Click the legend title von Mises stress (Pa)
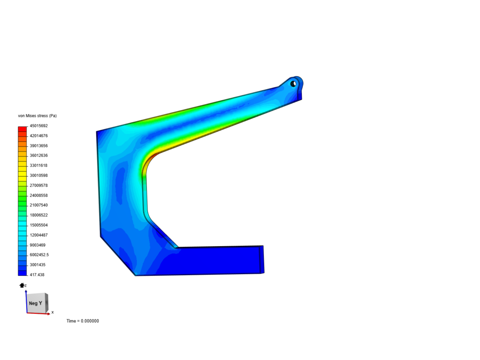coord(37,116)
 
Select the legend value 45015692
coord(39,126)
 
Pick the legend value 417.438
coord(37,275)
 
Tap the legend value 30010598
coord(39,175)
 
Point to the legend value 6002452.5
coord(39,255)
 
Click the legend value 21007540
coord(39,205)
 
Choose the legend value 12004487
coord(39,235)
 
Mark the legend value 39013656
coord(39,146)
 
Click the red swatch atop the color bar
coord(22,129)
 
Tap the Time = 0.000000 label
coord(83,321)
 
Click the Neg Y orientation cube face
coord(36,303)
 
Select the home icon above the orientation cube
coord(22,285)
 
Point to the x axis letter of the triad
coord(53,312)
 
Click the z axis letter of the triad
coord(26,285)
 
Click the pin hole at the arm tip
coord(293,83)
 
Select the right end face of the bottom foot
coord(262,259)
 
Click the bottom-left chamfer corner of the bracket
coord(135,275)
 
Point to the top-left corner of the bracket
coord(97,132)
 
